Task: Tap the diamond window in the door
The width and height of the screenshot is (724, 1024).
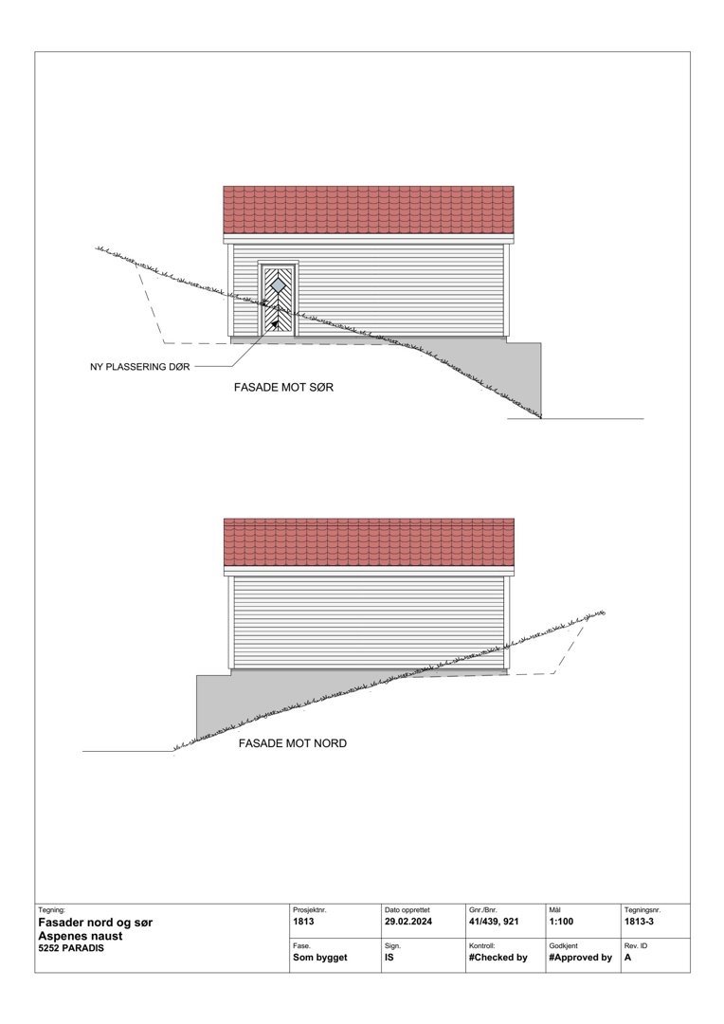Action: click(280, 283)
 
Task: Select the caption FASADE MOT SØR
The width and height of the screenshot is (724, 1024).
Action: click(284, 389)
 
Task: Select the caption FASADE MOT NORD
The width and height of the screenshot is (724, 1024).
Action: click(293, 743)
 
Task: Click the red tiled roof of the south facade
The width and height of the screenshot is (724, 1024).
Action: click(368, 210)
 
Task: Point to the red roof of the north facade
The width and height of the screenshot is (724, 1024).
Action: click(368, 541)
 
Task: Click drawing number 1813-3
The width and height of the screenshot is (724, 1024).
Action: click(641, 921)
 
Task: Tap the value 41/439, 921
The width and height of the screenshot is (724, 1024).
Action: click(494, 921)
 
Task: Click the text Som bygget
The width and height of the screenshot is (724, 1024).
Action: click(320, 958)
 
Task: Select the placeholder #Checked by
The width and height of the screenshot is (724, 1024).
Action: click(498, 958)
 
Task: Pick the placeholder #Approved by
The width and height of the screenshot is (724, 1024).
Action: click(580, 958)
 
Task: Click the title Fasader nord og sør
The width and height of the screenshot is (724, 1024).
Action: click(95, 922)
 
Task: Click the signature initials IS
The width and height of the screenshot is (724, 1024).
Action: click(389, 958)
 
